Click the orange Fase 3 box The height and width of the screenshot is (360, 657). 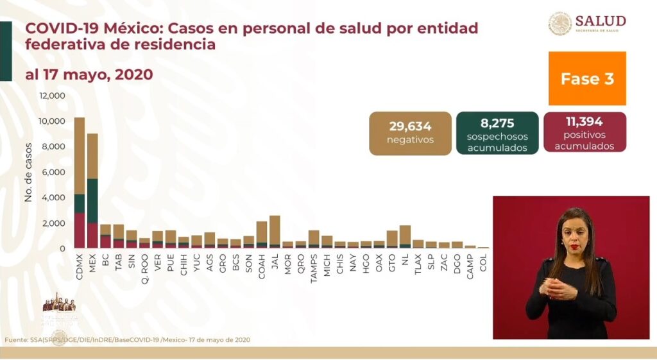tap(587, 78)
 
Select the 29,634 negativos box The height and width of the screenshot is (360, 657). tap(410, 133)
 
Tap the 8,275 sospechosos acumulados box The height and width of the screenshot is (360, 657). tap(497, 133)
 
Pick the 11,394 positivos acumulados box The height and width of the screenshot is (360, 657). tap(584, 132)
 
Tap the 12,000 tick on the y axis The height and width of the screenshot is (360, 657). tap(53, 96)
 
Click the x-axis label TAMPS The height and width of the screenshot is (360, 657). tap(314, 264)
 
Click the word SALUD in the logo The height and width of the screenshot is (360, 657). tap(601, 20)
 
